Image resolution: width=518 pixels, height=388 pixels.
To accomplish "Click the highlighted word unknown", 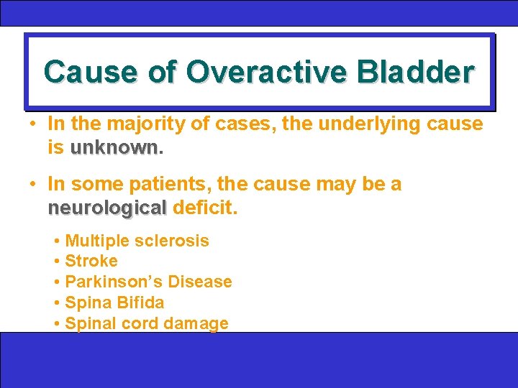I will click(x=114, y=148).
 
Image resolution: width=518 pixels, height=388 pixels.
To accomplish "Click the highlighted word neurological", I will click(x=106, y=208).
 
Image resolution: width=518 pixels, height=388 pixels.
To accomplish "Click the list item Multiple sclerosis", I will click(x=137, y=241).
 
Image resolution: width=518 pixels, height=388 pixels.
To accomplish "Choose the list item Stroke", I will click(x=91, y=261).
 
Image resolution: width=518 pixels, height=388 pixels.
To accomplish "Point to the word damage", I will click(x=196, y=323).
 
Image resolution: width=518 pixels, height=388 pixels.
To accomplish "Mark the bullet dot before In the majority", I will click(x=34, y=124).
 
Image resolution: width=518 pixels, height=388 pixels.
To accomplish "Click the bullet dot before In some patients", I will click(x=34, y=185).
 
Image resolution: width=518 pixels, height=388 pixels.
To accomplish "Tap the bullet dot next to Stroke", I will click(x=57, y=262).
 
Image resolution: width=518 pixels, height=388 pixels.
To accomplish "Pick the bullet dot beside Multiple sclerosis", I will click(x=57, y=241).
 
